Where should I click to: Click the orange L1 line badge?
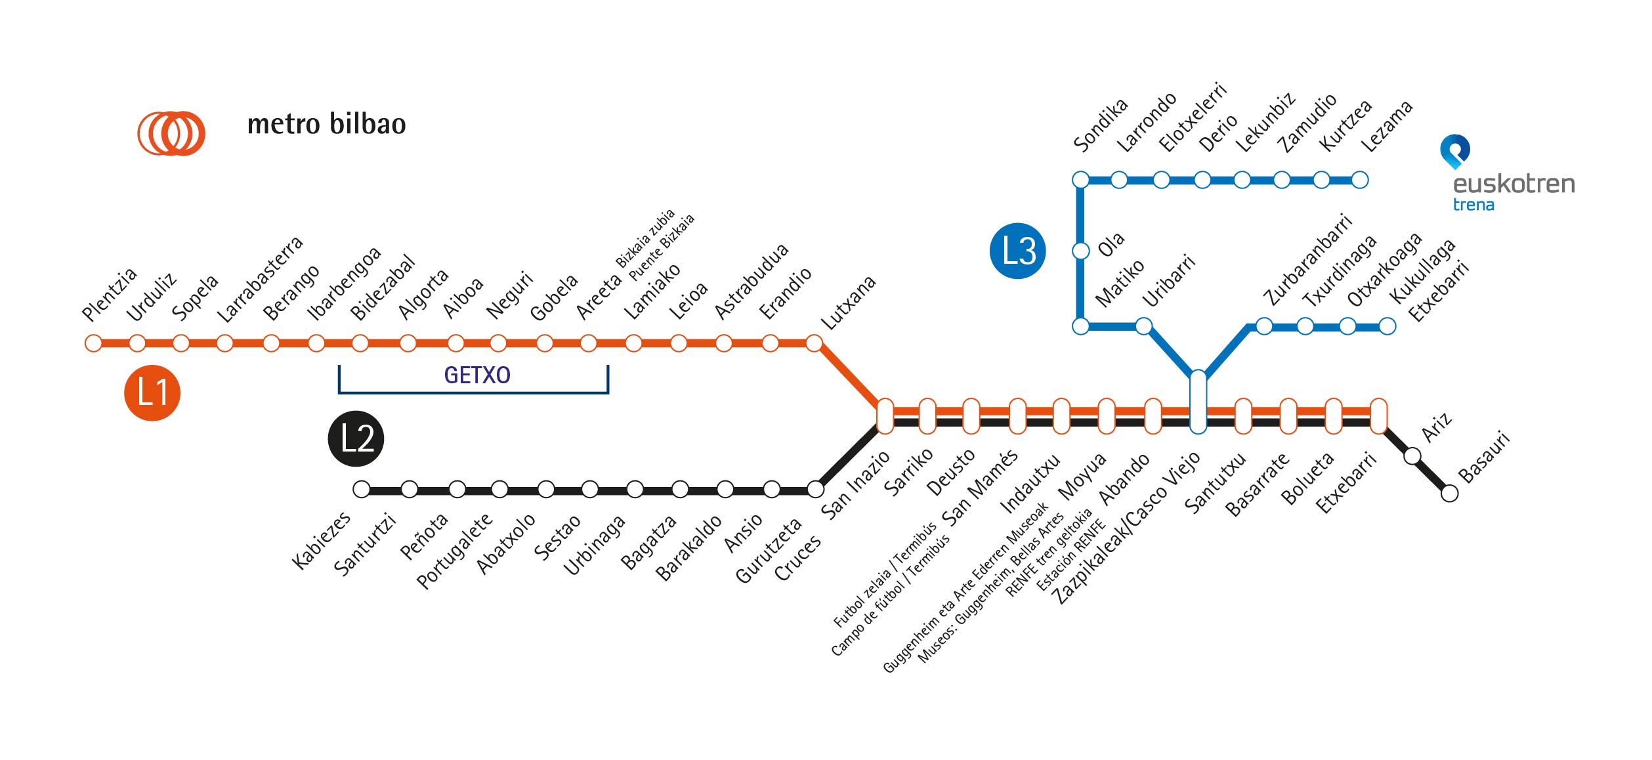[152, 392]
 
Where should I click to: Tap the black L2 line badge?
[356, 438]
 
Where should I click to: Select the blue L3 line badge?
[1017, 251]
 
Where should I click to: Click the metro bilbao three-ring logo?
[171, 133]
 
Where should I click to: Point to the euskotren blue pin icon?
[1454, 150]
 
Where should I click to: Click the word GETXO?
[477, 375]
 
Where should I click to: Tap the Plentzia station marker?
[93, 343]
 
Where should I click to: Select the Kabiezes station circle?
[362, 489]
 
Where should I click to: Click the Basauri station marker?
[1450, 493]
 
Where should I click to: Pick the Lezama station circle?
[1360, 180]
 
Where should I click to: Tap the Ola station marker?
[1080, 251]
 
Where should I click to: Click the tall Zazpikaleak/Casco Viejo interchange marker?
[1198, 402]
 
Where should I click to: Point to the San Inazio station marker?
[885, 416]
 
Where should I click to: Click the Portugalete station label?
[454, 551]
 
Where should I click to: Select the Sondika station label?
[1100, 125]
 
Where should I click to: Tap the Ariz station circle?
[1412, 455]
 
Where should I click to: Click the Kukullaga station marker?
[1347, 326]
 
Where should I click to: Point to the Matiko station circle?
[1080, 326]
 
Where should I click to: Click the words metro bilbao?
[326, 125]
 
